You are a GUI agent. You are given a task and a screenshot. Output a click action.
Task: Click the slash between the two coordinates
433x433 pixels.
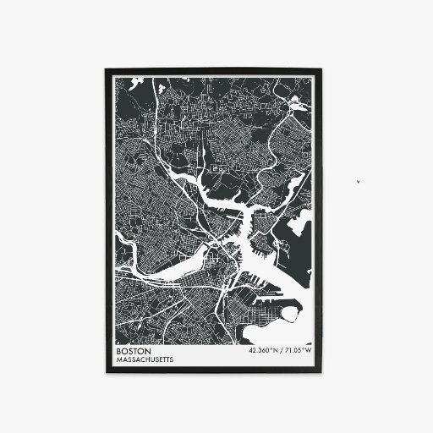click(x=280, y=351)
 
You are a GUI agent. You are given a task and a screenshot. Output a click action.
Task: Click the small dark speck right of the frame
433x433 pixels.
click(x=359, y=180)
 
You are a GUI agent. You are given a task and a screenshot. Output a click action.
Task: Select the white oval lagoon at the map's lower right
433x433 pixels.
click(x=288, y=315)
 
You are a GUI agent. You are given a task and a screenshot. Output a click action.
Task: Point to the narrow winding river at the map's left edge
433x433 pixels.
click(x=121, y=254)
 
